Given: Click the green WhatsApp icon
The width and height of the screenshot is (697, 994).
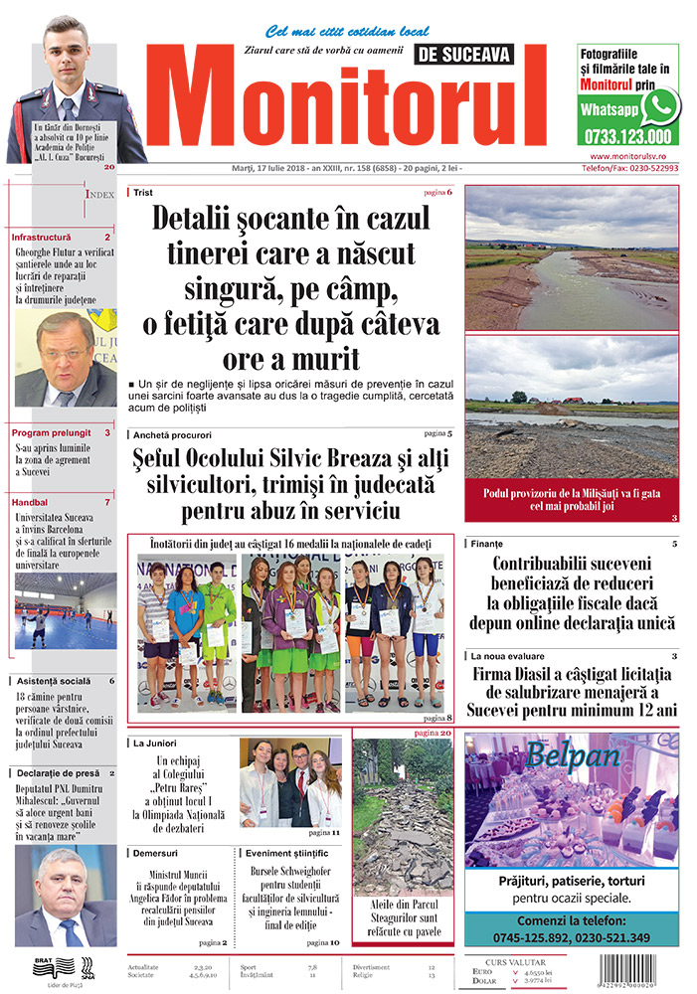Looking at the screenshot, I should tap(660, 106).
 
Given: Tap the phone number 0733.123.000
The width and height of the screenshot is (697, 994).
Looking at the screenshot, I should tap(626, 137).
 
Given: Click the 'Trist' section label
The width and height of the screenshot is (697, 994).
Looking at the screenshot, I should tap(143, 192).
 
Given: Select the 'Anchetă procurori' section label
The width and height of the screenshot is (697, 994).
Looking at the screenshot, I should tap(172, 435).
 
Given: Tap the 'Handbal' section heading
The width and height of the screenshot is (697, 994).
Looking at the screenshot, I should tap(30, 502).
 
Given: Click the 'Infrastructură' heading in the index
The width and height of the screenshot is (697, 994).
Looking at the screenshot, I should tap(42, 238).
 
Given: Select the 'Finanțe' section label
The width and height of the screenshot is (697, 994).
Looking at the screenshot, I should tap(487, 544).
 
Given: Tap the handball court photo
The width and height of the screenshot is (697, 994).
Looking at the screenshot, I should tap(65, 610).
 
